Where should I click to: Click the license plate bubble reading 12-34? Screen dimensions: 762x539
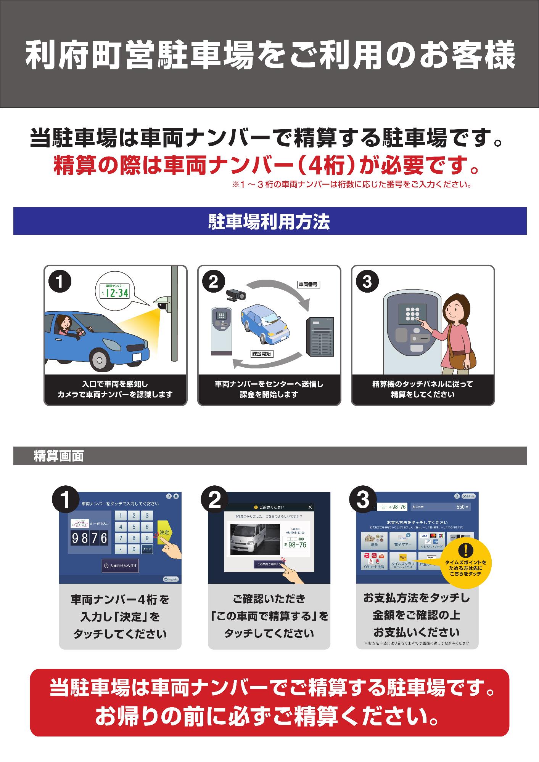click(x=114, y=293)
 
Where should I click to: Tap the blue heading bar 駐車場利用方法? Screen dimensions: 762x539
click(x=269, y=221)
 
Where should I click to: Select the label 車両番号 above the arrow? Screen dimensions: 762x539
click(x=307, y=284)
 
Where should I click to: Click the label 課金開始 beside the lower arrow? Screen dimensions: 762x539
click(x=262, y=354)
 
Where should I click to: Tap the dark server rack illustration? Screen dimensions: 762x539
click(x=320, y=336)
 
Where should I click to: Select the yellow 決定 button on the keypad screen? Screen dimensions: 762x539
click(x=164, y=532)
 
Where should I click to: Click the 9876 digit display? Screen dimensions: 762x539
click(x=90, y=538)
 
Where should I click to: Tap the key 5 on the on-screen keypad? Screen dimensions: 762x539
click(x=134, y=527)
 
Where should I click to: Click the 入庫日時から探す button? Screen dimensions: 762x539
click(x=120, y=566)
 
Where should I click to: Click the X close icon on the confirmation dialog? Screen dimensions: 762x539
click(x=310, y=507)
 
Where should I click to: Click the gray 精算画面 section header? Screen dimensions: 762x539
click(x=59, y=456)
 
